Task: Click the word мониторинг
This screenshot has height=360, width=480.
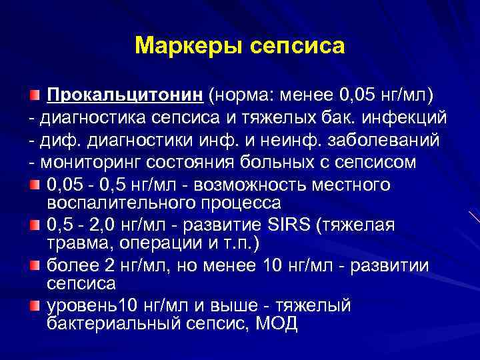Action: point(85,163)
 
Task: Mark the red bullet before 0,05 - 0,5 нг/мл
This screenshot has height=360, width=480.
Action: point(34,184)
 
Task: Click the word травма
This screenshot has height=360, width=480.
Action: point(74,242)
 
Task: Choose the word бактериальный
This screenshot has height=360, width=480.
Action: point(107,324)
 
